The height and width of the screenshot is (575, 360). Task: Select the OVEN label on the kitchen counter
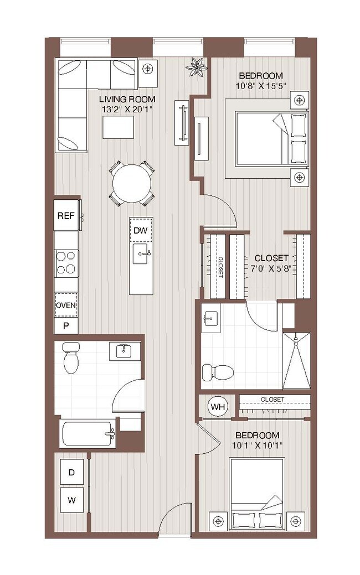pos(66,305)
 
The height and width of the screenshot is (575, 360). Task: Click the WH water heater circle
pos(218,407)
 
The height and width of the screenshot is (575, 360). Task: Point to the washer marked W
pos(71,500)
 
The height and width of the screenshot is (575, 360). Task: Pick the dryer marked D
pos(71,472)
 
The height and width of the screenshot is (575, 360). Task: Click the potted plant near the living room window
pos(196,68)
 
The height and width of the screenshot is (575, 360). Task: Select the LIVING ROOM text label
pos(127,100)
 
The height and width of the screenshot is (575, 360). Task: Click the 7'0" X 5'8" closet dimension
pos(270,269)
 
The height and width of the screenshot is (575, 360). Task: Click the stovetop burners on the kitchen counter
pos(66,263)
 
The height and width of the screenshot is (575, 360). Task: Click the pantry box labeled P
pos(66,325)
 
